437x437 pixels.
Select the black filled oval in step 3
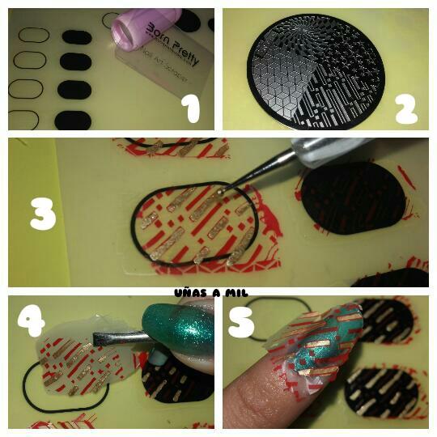tap(353, 198)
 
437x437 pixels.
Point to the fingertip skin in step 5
tap(259, 397)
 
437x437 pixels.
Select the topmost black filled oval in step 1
tap(76, 36)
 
